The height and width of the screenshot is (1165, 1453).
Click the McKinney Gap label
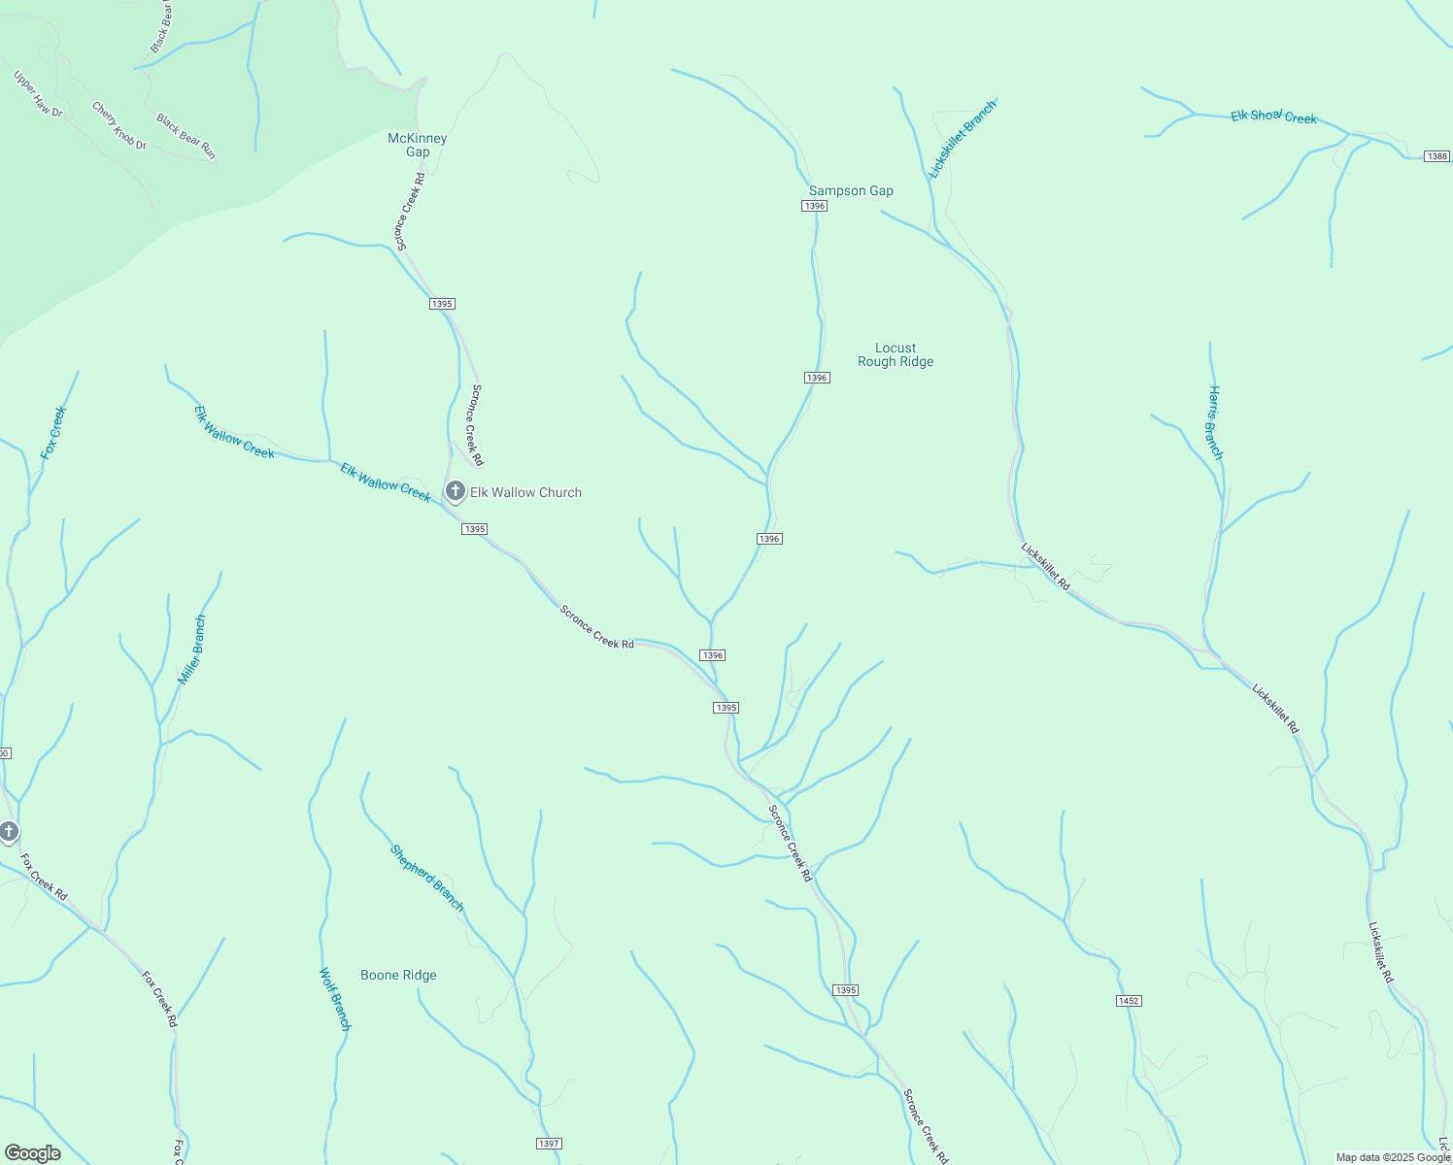pyautogui.click(x=418, y=145)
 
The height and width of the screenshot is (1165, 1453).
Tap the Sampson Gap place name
pyautogui.click(x=851, y=191)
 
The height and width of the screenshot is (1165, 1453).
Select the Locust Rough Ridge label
pyautogui.click(x=895, y=354)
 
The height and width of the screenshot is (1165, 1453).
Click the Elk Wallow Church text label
pyautogui.click(x=525, y=492)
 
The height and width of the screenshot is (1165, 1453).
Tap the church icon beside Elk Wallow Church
pyautogui.click(x=455, y=491)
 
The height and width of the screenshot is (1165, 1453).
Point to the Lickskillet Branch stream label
pyautogui.click(x=962, y=139)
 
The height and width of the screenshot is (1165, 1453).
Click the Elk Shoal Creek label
pyautogui.click(x=1273, y=116)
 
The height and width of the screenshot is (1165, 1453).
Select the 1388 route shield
pyautogui.click(x=1436, y=156)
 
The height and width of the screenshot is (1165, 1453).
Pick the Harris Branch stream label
pyautogui.click(x=1215, y=422)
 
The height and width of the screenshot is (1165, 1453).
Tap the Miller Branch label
pyautogui.click(x=192, y=649)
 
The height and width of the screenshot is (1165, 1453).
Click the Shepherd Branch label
pyautogui.click(x=427, y=879)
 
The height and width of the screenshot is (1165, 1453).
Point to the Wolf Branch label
pyautogui.click(x=335, y=998)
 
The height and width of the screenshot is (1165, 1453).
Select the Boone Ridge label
pyautogui.click(x=398, y=975)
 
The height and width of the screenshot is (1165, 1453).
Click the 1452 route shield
pyautogui.click(x=1128, y=1001)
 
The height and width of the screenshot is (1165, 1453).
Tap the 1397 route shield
pyautogui.click(x=549, y=1144)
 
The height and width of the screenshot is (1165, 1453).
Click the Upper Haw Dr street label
pyautogui.click(x=38, y=94)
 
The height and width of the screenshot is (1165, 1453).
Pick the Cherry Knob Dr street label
pyautogui.click(x=118, y=126)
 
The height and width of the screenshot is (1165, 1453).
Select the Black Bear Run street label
pyautogui.click(x=186, y=136)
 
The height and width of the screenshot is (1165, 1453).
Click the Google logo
pyautogui.click(x=32, y=1153)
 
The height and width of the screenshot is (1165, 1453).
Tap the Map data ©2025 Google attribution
pyautogui.click(x=1392, y=1157)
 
